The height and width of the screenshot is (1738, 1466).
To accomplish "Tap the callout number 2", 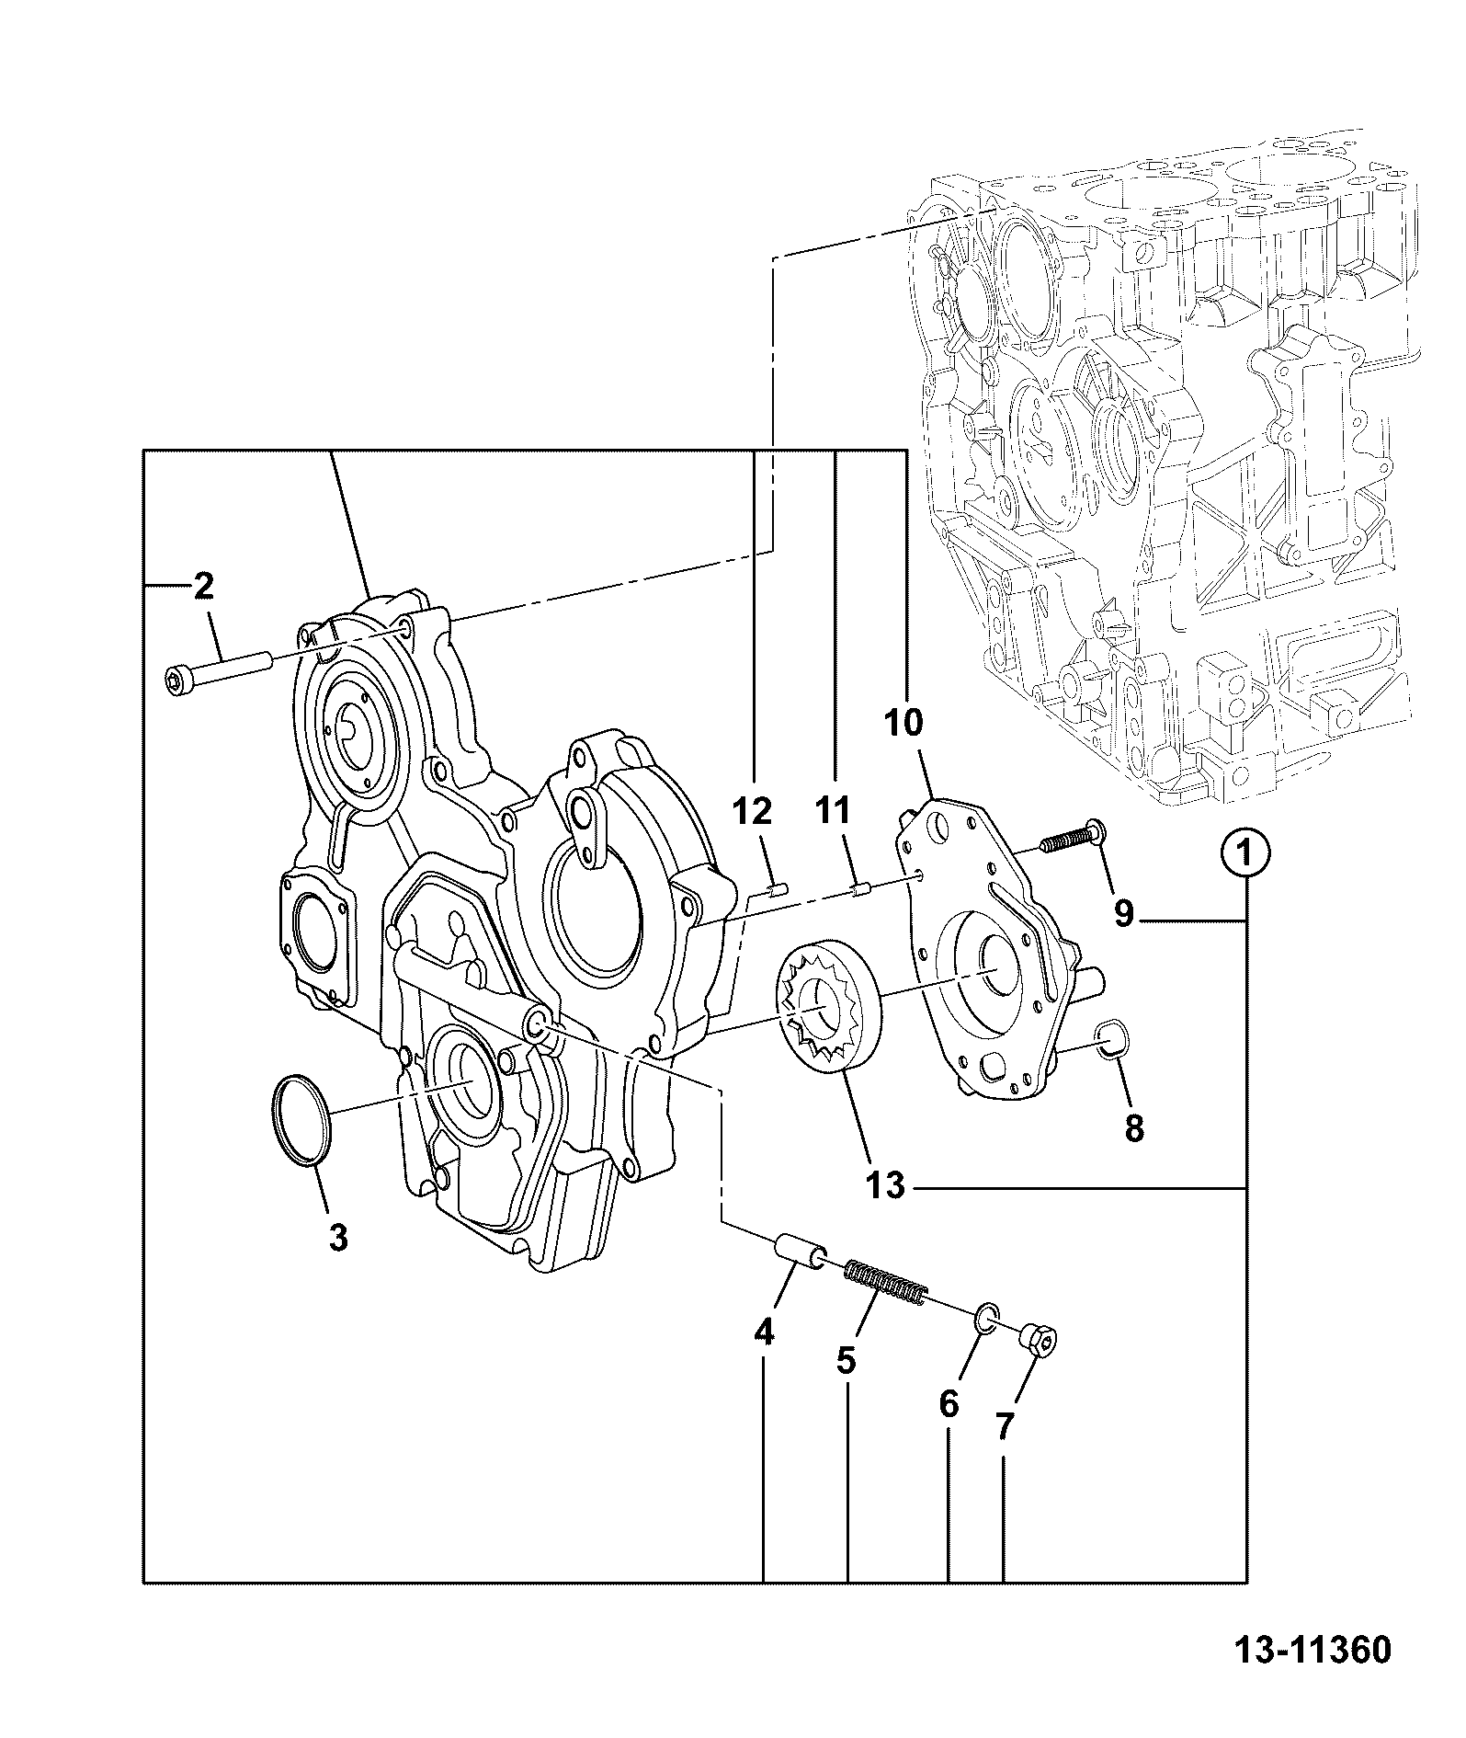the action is (x=202, y=586).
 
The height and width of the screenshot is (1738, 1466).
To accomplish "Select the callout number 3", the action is (x=338, y=1238).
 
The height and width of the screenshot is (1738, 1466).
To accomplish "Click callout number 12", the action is (x=752, y=811).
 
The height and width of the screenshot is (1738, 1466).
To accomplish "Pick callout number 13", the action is (x=885, y=1185).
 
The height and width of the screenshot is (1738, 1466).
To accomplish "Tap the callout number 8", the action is (x=1134, y=1127).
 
